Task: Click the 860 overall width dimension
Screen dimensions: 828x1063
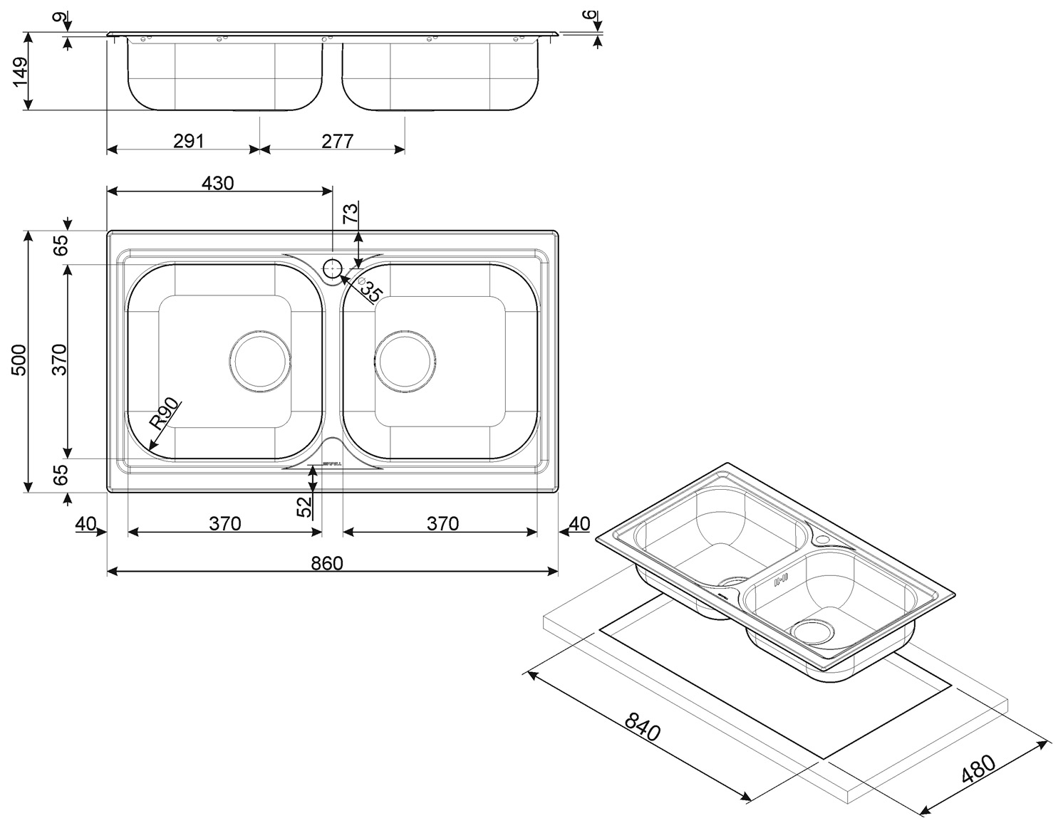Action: [x=327, y=563]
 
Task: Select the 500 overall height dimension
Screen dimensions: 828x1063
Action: [x=19, y=360]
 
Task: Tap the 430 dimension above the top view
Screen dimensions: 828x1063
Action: [x=217, y=183]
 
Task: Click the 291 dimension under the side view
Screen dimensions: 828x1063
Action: [x=189, y=141]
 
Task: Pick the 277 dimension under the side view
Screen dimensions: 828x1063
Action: [x=337, y=141]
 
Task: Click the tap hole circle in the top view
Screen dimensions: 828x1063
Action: [x=333, y=269]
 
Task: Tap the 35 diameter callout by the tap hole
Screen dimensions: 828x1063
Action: [x=370, y=290]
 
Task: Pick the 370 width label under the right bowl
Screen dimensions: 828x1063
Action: [x=442, y=524]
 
